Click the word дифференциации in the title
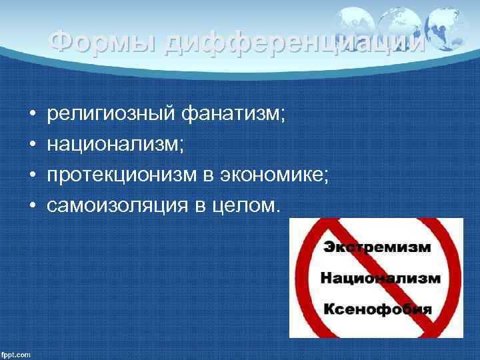(x=293, y=43)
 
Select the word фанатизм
(x=234, y=115)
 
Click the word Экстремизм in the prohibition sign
(x=377, y=247)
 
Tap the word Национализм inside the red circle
(x=381, y=278)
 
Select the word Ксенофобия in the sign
(x=377, y=309)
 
